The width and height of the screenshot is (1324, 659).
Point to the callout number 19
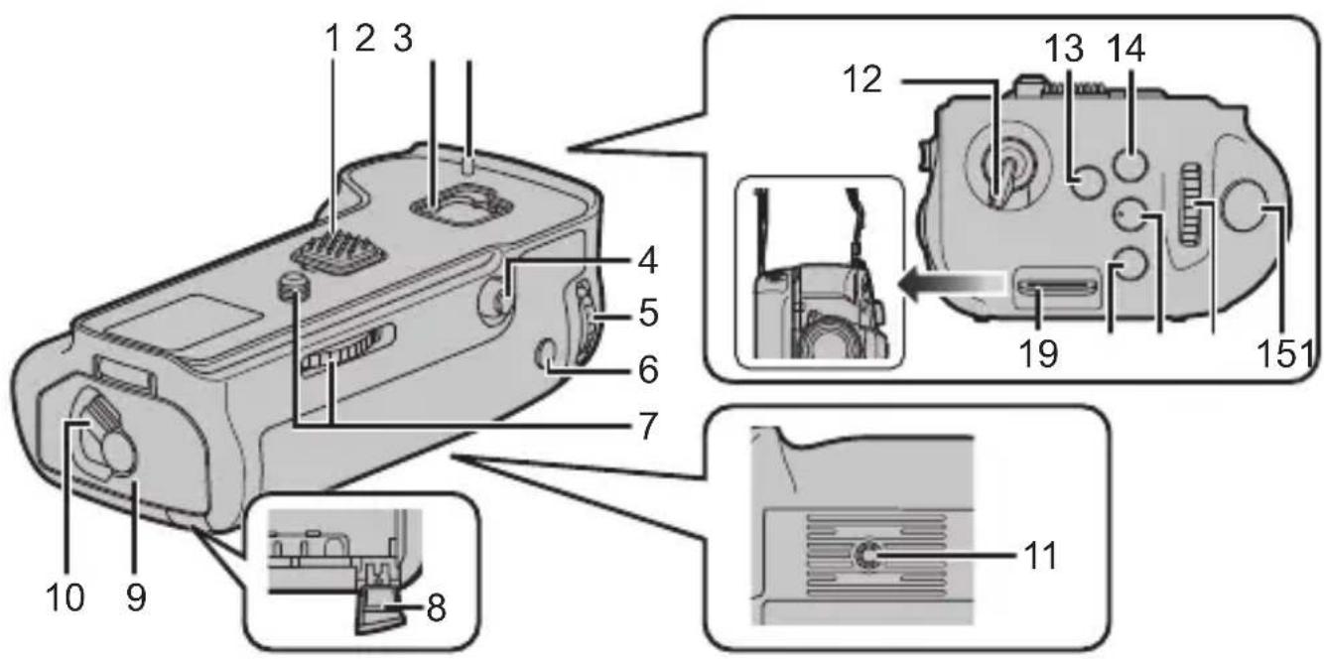(x=1032, y=352)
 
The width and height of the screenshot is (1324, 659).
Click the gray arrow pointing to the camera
(x=953, y=286)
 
